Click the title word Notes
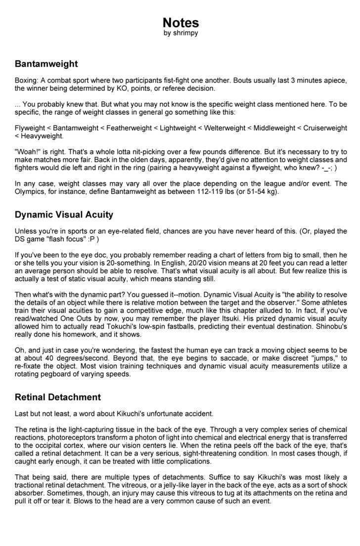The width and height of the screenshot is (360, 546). tap(180, 23)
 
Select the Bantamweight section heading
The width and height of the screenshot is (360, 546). tap(46, 64)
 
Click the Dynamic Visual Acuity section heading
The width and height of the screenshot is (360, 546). tap(64, 215)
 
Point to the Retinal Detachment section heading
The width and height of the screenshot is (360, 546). tap(57, 397)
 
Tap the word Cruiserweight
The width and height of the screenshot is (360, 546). tap(325, 128)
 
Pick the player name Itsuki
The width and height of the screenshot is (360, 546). tap(249, 318)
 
